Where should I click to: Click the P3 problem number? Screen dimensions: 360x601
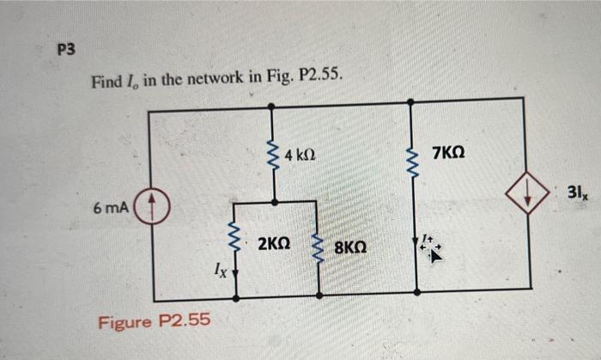click(66, 50)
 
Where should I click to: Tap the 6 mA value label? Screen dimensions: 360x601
click(112, 208)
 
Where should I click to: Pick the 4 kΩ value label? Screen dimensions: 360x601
click(300, 156)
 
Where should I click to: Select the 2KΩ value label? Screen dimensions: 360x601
click(273, 245)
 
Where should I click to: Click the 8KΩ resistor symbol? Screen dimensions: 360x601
click(319, 249)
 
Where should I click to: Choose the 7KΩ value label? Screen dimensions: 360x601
click(451, 153)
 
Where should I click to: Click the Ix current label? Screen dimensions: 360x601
click(220, 273)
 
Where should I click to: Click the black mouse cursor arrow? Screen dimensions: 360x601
click(435, 253)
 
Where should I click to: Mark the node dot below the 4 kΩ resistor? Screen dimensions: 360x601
click(273, 202)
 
